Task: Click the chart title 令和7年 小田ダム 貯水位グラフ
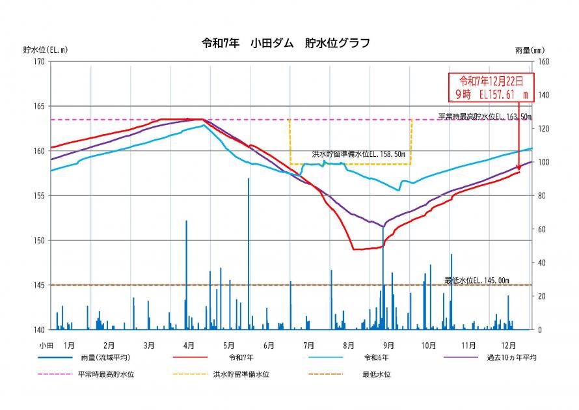click(286, 44)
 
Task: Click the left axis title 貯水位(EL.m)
click(45, 49)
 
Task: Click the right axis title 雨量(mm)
click(529, 50)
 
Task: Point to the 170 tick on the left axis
click(38, 62)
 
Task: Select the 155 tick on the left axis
click(38, 196)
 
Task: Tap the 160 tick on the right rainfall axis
click(543, 62)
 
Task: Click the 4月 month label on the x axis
click(189, 344)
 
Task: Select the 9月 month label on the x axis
click(388, 344)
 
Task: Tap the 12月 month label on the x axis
click(509, 344)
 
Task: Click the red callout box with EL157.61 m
click(492, 87)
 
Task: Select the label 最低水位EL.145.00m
click(477, 280)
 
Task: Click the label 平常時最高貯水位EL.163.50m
click(484, 116)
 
